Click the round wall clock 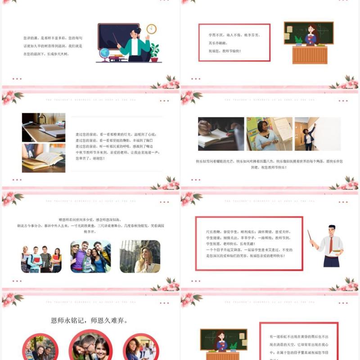151,29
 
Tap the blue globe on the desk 104,54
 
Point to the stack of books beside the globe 116,57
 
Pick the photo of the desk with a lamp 44,127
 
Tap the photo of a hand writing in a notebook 221,134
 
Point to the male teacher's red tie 331,245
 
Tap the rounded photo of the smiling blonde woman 140,256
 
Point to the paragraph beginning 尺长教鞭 248,243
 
